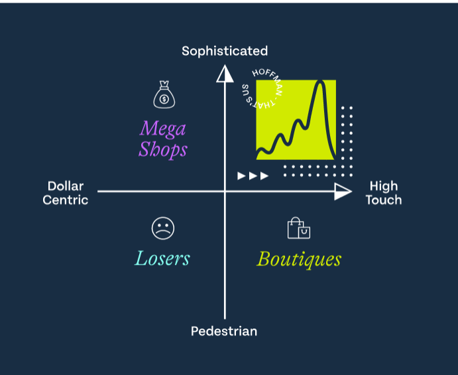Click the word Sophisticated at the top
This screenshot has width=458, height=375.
pyautogui.click(x=225, y=51)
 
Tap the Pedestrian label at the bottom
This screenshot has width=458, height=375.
pyautogui.click(x=224, y=331)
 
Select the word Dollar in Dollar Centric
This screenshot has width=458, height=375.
pyautogui.click(x=66, y=186)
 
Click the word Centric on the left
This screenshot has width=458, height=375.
pyautogui.click(x=66, y=200)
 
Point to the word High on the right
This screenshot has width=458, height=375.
pyautogui.click(x=383, y=186)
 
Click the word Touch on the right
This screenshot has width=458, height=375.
pyautogui.click(x=383, y=200)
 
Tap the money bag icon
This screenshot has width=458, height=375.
pyautogui.click(x=164, y=95)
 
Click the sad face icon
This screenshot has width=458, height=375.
pyautogui.click(x=162, y=228)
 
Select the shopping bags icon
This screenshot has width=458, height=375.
pyautogui.click(x=298, y=228)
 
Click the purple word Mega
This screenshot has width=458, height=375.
pyautogui.click(x=163, y=127)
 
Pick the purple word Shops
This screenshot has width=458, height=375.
pyautogui.click(x=163, y=149)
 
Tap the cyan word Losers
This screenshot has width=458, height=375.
pyautogui.click(x=162, y=258)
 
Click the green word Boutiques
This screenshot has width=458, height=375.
pyautogui.click(x=299, y=258)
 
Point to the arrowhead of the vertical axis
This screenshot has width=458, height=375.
pyautogui.click(x=225, y=72)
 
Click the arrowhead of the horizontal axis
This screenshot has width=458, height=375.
pyautogui.click(x=343, y=192)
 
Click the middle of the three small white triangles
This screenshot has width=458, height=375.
pyautogui.click(x=253, y=176)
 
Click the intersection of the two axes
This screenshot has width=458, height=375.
pyautogui.click(x=225, y=192)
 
